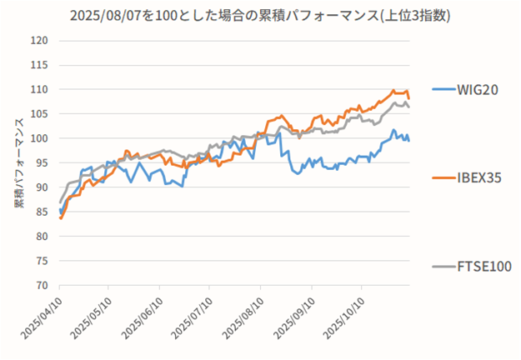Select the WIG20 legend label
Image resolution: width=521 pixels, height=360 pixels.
click(x=477, y=90)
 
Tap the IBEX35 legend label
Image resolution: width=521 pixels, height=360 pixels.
click(x=480, y=177)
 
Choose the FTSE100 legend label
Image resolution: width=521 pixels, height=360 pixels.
click(x=483, y=266)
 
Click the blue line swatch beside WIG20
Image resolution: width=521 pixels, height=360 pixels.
click(x=443, y=90)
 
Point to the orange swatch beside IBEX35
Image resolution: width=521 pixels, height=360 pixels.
click(x=443, y=177)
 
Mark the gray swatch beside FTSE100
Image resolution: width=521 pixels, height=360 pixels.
click(x=443, y=266)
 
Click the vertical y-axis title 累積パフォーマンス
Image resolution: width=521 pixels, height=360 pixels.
click(x=18, y=162)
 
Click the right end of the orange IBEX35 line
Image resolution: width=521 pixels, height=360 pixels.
click(x=408, y=97)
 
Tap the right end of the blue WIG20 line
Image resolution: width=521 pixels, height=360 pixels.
click(x=408, y=140)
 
